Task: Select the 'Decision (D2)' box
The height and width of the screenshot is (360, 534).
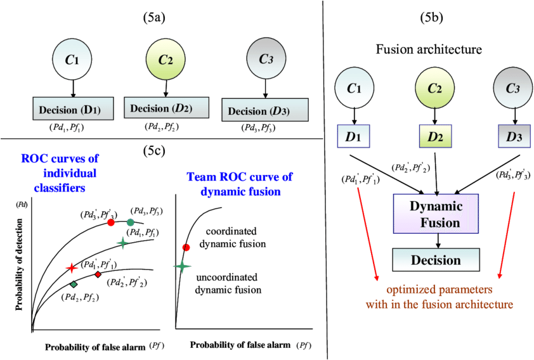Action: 166,108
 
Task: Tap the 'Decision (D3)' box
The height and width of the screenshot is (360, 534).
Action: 265,111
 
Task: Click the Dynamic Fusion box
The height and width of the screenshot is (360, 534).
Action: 435,214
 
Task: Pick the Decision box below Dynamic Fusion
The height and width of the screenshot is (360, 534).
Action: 435,260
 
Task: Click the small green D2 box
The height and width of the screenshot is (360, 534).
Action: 435,136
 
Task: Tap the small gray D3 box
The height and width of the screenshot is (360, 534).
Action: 513,136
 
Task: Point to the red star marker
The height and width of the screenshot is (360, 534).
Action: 72,268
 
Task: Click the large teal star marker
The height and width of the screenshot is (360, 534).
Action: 182,267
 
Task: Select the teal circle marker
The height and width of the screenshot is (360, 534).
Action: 130,222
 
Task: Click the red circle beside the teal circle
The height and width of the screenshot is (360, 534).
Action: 111,222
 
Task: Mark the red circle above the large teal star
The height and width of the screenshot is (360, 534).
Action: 186,247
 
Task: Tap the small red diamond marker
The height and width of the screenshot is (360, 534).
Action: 98,274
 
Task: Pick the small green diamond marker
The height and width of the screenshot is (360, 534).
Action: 74,285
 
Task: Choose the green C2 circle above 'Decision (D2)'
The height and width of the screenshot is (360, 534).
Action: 166,60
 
